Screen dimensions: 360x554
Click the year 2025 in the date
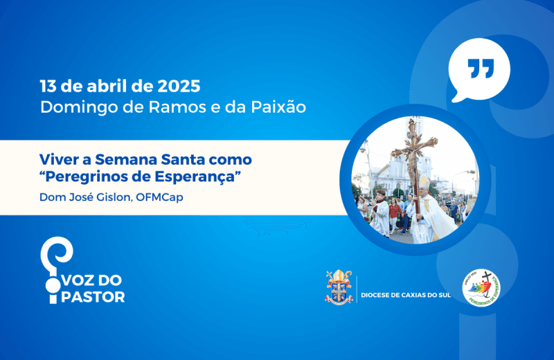coord(179,87)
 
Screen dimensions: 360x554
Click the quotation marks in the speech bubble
coord(479,69)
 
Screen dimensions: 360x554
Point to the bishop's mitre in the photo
coord(424,181)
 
